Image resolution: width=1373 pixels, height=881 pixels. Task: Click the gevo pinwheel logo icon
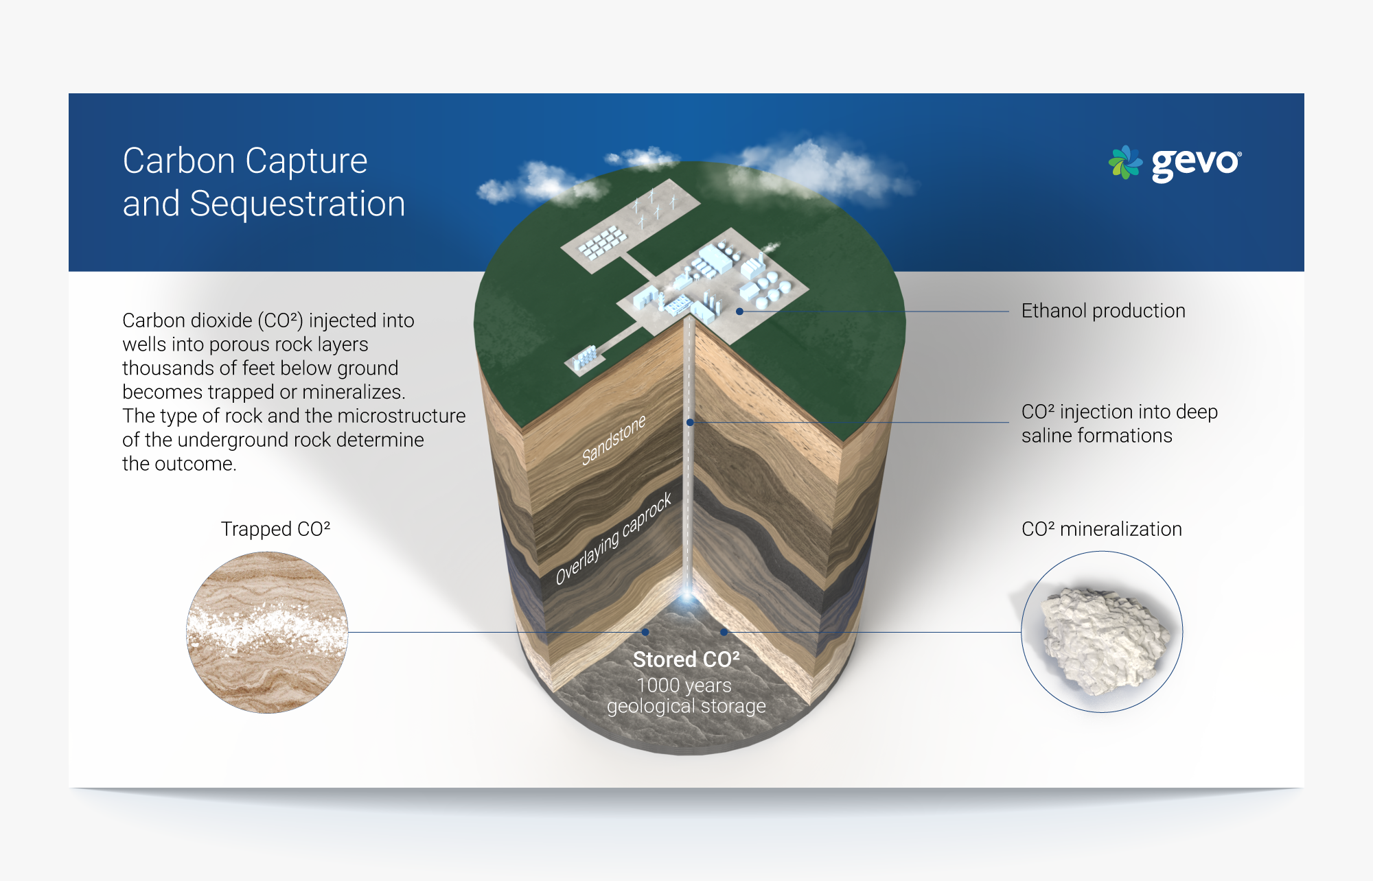click(1125, 163)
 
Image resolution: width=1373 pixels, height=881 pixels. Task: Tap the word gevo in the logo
click(1197, 164)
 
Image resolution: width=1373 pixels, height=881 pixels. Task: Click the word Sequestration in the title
click(297, 204)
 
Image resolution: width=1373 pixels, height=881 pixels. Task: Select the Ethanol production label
click(1103, 311)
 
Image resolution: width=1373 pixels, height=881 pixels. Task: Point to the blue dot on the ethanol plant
click(739, 312)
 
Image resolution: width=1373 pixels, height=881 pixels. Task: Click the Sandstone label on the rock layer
click(613, 440)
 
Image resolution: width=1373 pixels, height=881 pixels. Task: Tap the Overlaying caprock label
click(613, 539)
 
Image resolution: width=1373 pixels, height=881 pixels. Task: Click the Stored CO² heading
click(686, 659)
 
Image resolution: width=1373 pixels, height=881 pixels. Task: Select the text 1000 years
click(684, 685)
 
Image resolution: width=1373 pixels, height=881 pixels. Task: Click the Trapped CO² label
click(275, 529)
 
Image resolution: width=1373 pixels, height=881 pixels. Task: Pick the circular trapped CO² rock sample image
click(267, 633)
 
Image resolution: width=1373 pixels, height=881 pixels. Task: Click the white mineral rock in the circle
click(1104, 639)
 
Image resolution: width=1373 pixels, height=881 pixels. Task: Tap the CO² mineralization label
click(1102, 529)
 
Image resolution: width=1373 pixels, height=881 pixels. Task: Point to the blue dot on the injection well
click(690, 423)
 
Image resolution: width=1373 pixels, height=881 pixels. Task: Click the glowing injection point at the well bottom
click(687, 598)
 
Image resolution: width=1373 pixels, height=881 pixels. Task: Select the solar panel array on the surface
click(602, 243)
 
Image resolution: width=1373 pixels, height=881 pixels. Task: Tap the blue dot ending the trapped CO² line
click(645, 632)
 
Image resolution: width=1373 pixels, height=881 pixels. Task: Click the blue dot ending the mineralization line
click(724, 632)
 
